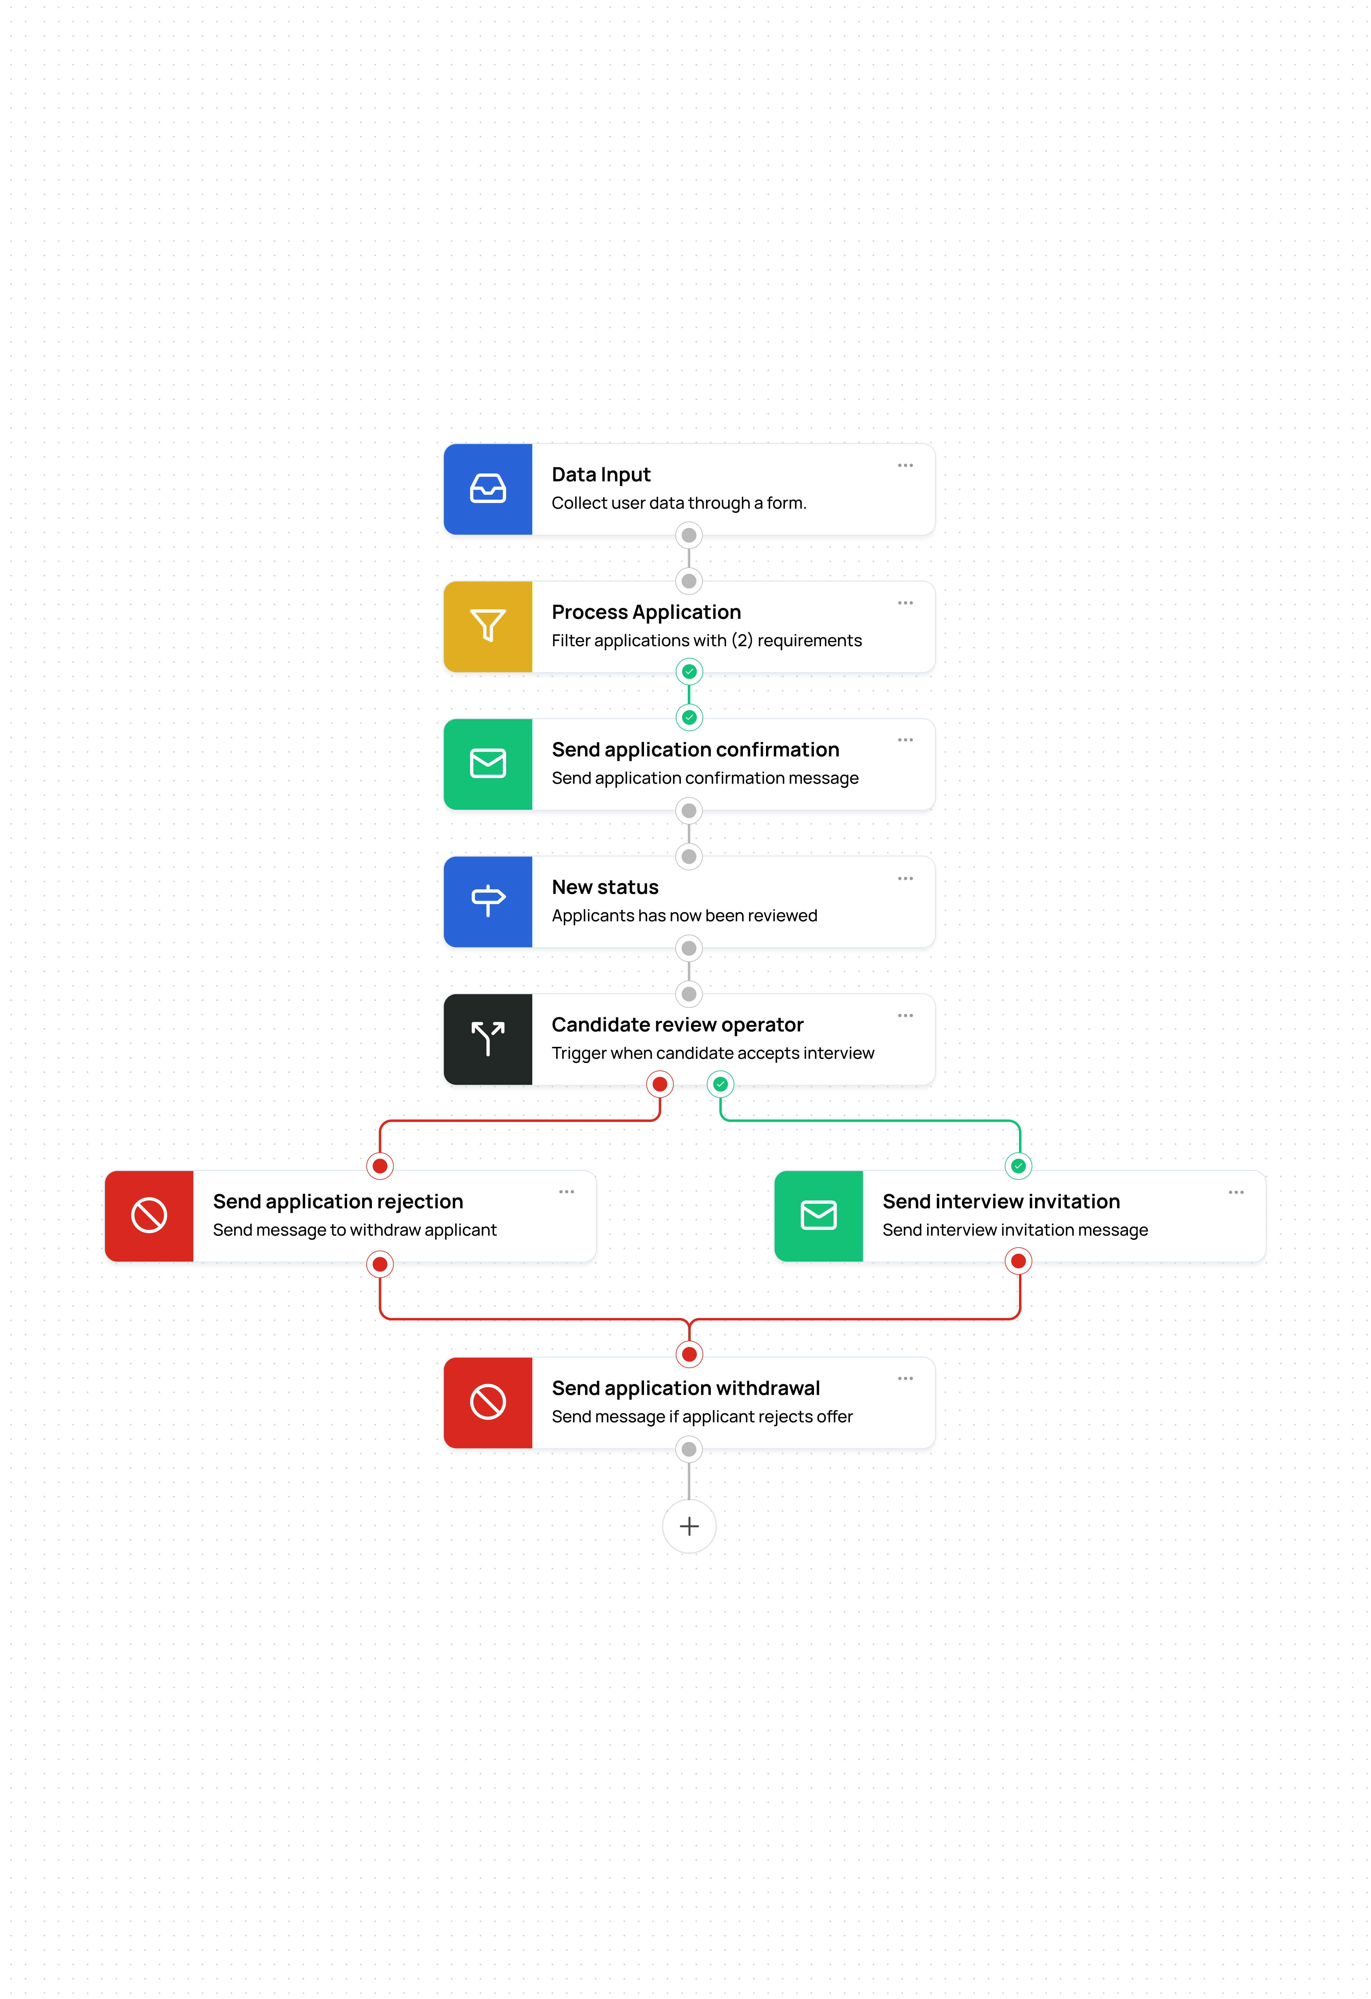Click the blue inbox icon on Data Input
click(x=488, y=489)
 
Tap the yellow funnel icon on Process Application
click(x=488, y=625)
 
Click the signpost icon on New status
click(x=488, y=901)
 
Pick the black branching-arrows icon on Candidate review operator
click(x=488, y=1038)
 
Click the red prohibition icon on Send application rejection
click(x=149, y=1215)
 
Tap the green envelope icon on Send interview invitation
click(x=818, y=1215)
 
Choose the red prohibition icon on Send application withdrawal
click(x=488, y=1402)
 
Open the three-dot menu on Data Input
click(x=905, y=465)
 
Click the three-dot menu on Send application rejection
click(x=566, y=1192)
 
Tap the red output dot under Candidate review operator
click(x=660, y=1084)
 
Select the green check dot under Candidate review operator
click(x=721, y=1084)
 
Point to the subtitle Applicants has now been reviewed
click(x=684, y=915)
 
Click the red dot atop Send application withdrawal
click(x=689, y=1354)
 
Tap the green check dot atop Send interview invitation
click(x=1018, y=1165)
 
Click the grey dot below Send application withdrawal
click(x=689, y=1449)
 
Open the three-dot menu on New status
click(x=905, y=878)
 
